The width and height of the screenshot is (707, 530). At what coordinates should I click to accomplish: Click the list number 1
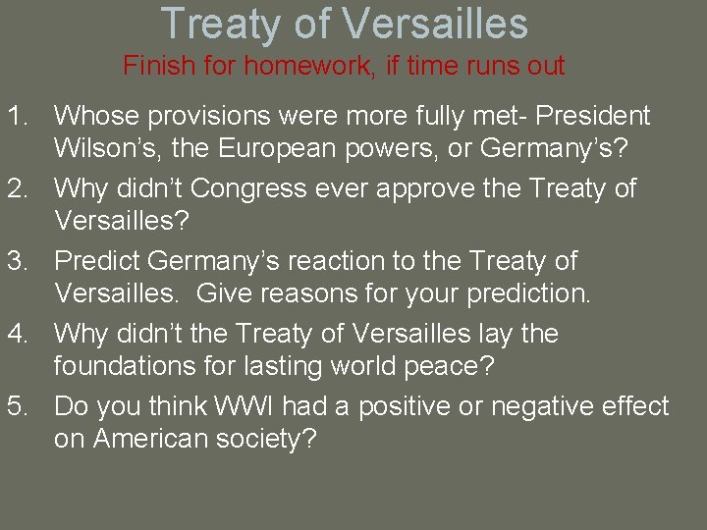[19, 116]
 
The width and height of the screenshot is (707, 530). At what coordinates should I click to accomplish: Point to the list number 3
[19, 261]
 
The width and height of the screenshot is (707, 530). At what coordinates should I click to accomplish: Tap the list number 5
[19, 406]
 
